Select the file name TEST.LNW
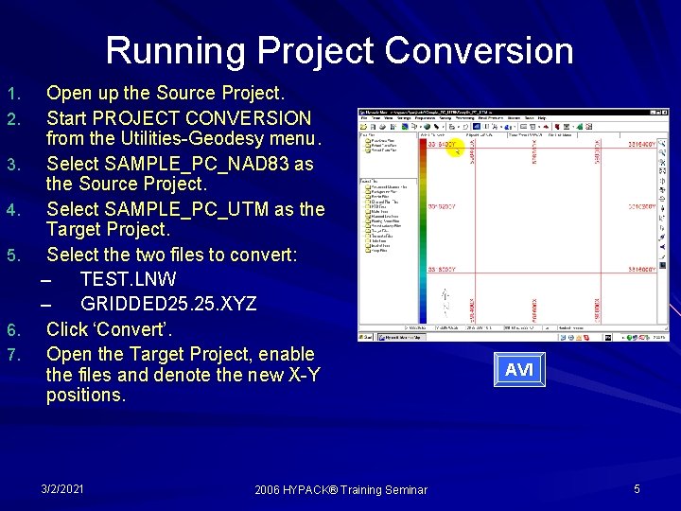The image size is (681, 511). (x=128, y=280)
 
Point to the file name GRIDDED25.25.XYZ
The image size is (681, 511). (x=168, y=304)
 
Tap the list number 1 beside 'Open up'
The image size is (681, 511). (x=12, y=95)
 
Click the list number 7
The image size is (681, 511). (x=12, y=355)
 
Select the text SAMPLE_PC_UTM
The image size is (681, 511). (x=206, y=209)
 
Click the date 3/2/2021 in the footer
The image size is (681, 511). (x=62, y=488)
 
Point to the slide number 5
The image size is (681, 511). (x=637, y=488)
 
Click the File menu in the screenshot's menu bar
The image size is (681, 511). (x=364, y=118)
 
